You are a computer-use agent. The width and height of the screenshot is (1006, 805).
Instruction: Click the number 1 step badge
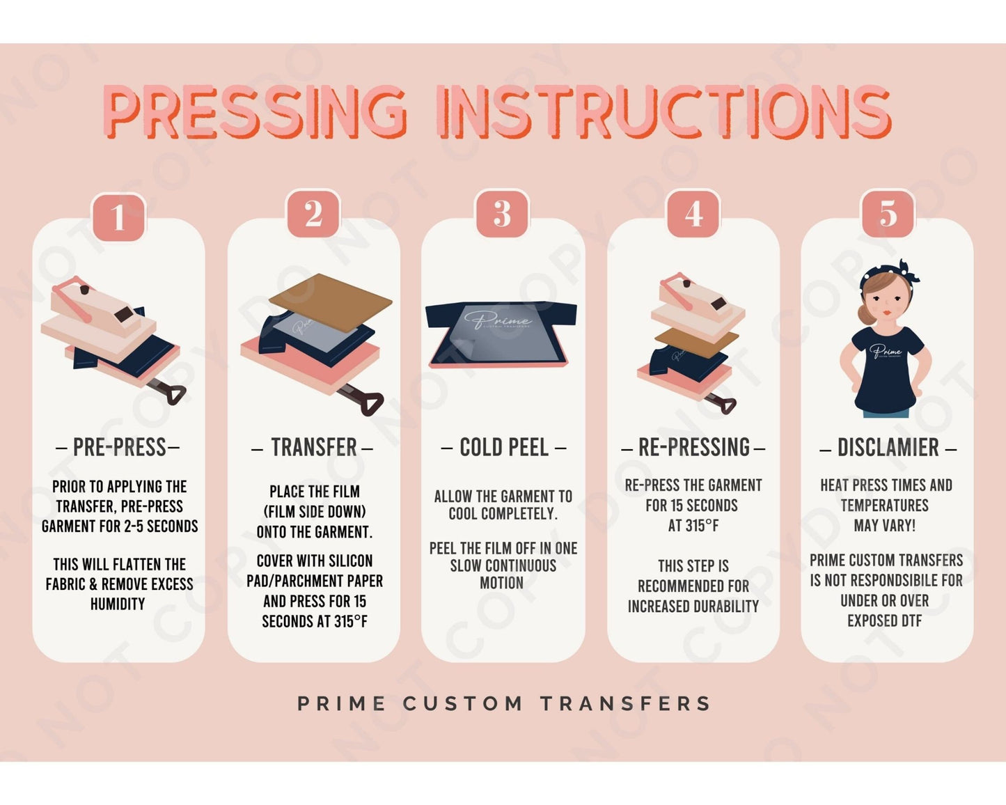(x=118, y=217)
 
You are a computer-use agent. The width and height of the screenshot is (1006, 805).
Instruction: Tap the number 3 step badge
(x=502, y=214)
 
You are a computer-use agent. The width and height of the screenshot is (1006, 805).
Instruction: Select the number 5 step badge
(x=888, y=214)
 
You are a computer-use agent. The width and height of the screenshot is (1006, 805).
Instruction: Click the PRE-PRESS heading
(x=118, y=448)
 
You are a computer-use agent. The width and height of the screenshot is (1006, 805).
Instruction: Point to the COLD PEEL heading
(x=503, y=448)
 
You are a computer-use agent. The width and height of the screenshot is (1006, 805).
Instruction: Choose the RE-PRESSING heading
(x=693, y=448)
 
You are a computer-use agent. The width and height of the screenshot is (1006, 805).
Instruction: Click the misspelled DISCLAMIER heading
(x=888, y=448)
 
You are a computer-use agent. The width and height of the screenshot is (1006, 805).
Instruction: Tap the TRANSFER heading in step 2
(x=313, y=448)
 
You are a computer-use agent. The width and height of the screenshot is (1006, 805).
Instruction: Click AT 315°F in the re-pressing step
(x=693, y=526)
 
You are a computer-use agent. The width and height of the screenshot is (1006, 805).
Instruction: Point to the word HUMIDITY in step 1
(x=118, y=604)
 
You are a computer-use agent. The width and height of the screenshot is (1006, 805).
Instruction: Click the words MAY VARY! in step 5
(x=884, y=526)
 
